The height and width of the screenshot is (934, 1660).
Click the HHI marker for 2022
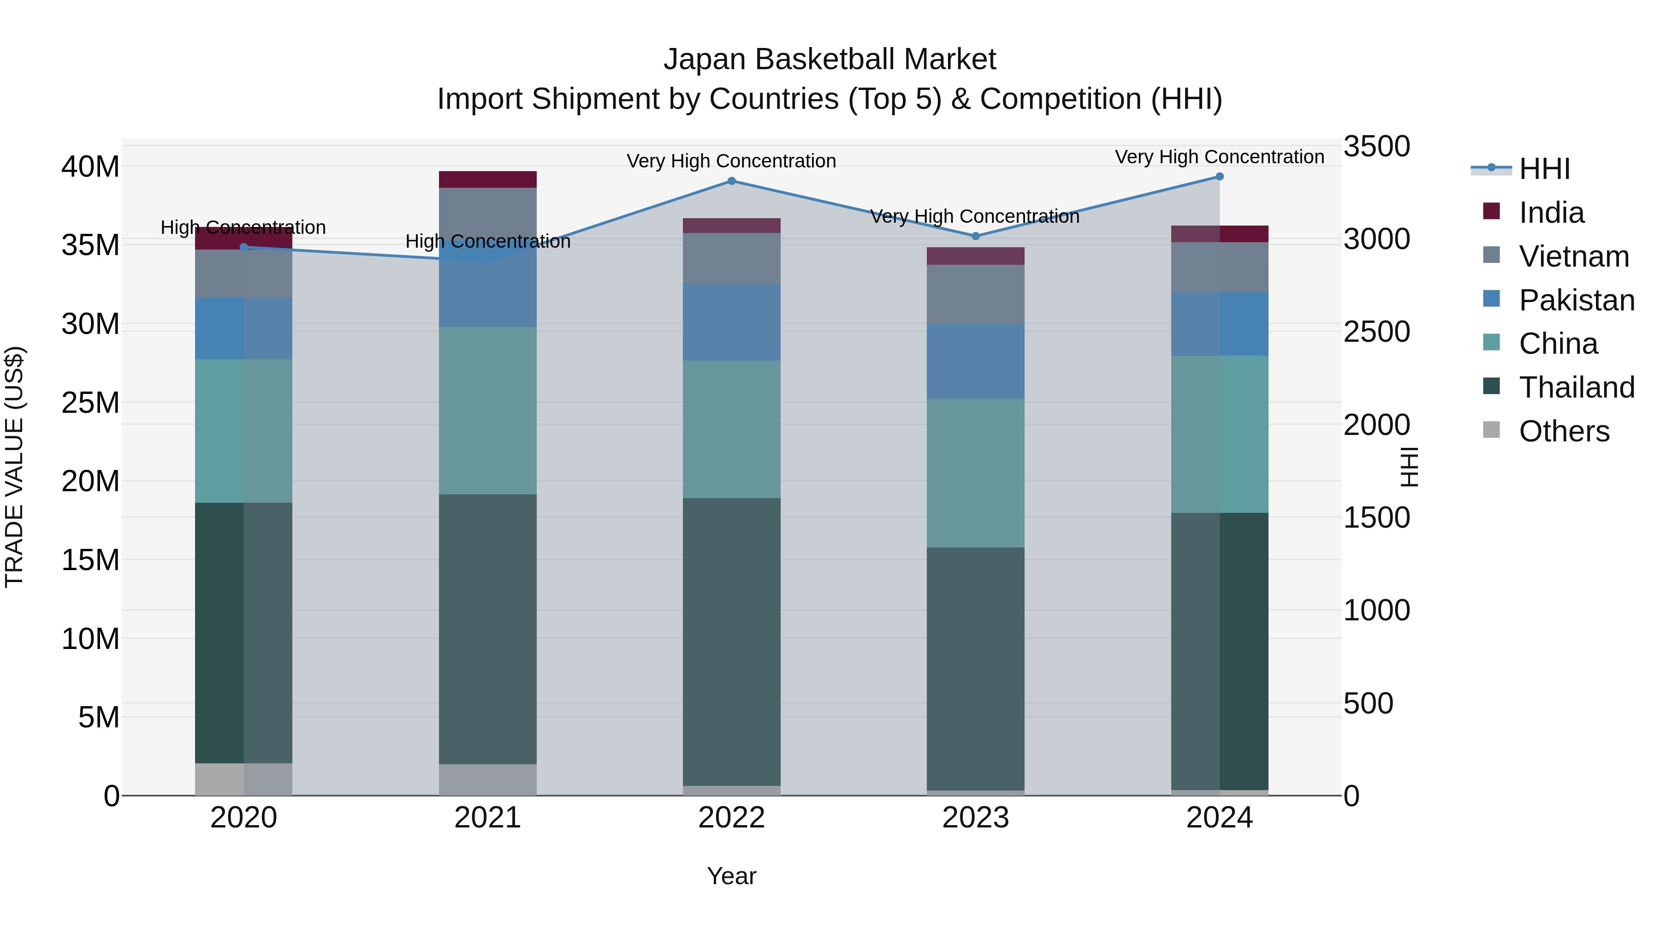point(731,181)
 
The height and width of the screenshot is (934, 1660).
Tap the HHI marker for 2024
point(1219,177)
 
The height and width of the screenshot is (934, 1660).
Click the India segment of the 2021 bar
point(488,179)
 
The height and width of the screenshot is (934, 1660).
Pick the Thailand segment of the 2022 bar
point(731,642)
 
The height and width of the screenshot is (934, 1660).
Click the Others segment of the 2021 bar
point(488,779)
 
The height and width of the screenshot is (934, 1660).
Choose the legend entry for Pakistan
point(1576,300)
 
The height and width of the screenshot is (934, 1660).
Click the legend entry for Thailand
point(1576,387)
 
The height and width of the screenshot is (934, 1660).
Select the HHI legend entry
point(1543,169)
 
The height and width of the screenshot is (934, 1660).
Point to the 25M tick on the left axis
point(90,403)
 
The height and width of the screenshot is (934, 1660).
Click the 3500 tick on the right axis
point(1376,146)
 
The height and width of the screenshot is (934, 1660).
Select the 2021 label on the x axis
point(488,818)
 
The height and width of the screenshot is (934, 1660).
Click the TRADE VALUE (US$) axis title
point(14,467)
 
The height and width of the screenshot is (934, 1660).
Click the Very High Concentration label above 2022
point(731,161)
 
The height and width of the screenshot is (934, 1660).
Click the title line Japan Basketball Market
point(830,59)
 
